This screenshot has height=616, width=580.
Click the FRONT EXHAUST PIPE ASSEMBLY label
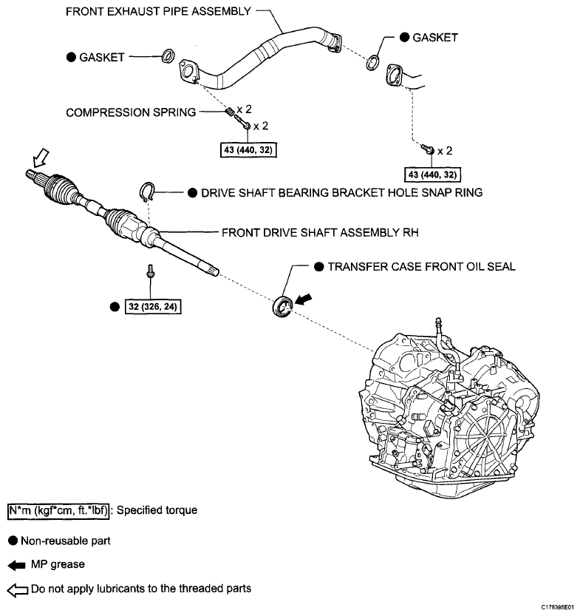(x=158, y=11)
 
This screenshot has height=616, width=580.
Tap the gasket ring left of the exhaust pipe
(x=168, y=54)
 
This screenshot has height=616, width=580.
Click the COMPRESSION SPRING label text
(x=131, y=112)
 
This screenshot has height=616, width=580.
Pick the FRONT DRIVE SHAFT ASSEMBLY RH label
(x=320, y=231)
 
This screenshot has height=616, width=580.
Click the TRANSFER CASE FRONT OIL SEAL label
(x=421, y=266)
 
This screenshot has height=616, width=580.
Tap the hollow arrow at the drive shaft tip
(x=39, y=158)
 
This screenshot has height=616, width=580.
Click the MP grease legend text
(x=58, y=564)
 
